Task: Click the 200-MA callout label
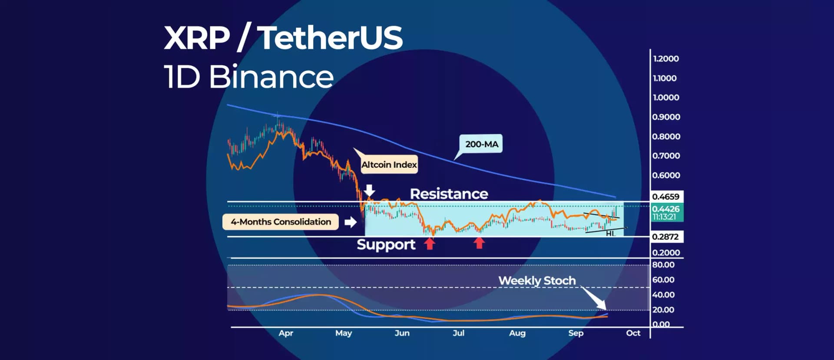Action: coord(481,144)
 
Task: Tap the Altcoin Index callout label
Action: coord(389,165)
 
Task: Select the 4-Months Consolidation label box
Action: coord(281,222)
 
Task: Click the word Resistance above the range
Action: coord(449,194)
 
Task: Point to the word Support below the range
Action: coord(386,244)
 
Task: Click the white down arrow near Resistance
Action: coord(369,190)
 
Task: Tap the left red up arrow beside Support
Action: coord(430,244)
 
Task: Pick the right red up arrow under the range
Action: coord(479,243)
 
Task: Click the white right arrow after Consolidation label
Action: coord(350,222)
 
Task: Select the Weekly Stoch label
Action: coord(536,281)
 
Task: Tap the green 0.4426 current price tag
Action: coord(666,212)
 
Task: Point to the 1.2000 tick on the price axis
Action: coord(665,59)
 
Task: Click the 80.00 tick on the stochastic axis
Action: coord(663,265)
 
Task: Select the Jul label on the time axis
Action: coord(458,333)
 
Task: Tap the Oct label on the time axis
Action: coord(633,333)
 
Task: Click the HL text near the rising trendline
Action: coord(610,234)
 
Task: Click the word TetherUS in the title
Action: coord(332,38)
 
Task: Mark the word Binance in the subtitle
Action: coord(271,77)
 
